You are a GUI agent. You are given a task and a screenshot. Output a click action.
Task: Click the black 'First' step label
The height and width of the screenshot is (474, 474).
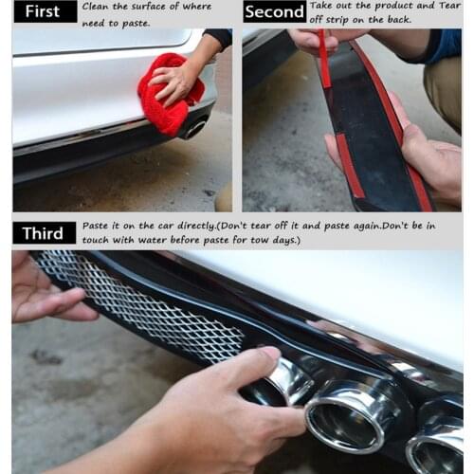pos(46,11)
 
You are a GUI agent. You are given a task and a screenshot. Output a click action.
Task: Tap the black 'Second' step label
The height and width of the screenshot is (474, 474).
pos(274,11)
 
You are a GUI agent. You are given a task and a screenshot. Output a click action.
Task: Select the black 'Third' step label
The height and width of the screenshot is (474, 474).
pos(45,233)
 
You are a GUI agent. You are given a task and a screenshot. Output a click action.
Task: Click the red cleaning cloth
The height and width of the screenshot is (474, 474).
pos(170,94)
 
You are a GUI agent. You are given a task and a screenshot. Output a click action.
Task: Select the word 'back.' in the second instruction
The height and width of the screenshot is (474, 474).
pos(400,20)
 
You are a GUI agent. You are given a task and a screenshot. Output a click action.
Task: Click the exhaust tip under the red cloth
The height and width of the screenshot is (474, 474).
pos(193,128)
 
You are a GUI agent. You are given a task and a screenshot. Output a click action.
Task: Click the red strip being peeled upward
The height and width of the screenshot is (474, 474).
pos(324,60)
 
